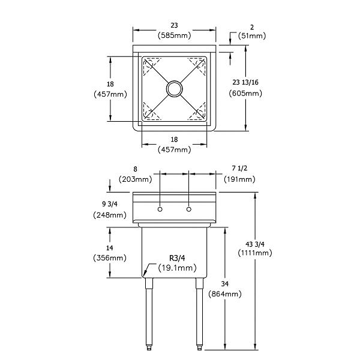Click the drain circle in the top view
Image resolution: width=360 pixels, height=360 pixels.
(175, 89)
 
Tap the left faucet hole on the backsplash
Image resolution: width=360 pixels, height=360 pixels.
(160, 209)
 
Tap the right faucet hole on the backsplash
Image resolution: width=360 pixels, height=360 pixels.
(189, 209)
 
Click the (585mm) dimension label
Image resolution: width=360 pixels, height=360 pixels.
(175, 35)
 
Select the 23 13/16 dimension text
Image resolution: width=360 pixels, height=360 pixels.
(245, 82)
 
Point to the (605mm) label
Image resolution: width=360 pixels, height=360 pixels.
(245, 93)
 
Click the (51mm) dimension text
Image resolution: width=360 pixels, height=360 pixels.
(252, 36)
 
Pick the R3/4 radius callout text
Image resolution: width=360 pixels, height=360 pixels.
(177, 258)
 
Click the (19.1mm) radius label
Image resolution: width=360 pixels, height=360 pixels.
(177, 268)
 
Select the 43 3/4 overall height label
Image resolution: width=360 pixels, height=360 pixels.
(255, 244)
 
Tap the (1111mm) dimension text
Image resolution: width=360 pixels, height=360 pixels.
(255, 253)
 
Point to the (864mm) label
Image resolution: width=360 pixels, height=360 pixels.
(225, 294)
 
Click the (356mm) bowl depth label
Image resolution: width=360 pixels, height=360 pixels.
(110, 258)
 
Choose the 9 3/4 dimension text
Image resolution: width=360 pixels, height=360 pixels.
(110, 204)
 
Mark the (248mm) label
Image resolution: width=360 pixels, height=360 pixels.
(110, 215)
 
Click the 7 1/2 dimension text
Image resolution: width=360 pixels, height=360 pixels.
(239, 168)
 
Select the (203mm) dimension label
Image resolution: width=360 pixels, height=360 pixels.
(135, 179)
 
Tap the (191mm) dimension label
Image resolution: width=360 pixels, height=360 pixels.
(239, 179)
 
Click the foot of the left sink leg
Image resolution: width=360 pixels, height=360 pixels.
(149, 348)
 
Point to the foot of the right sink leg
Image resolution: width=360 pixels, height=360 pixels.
(200, 348)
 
